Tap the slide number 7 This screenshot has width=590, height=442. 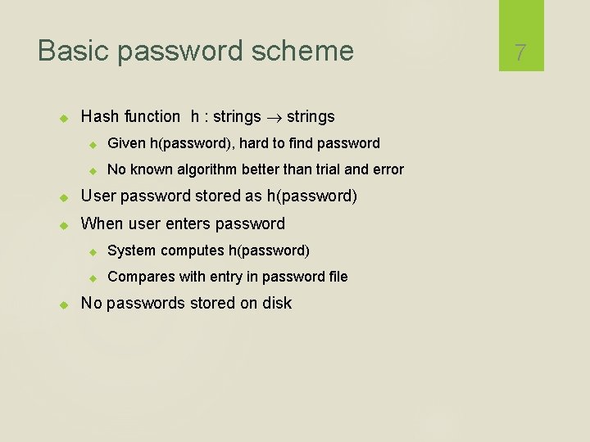coord(520,53)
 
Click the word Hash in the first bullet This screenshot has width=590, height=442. coord(100,117)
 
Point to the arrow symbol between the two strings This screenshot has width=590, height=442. coord(274,118)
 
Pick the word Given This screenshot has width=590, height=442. coord(126,143)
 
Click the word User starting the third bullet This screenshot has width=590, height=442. coord(98,196)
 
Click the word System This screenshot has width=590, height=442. coord(132,250)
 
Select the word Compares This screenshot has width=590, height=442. coord(138,277)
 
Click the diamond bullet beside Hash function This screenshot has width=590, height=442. coord(66,118)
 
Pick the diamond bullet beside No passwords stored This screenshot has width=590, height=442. coord(66,304)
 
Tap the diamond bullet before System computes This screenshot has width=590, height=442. coord(93,251)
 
